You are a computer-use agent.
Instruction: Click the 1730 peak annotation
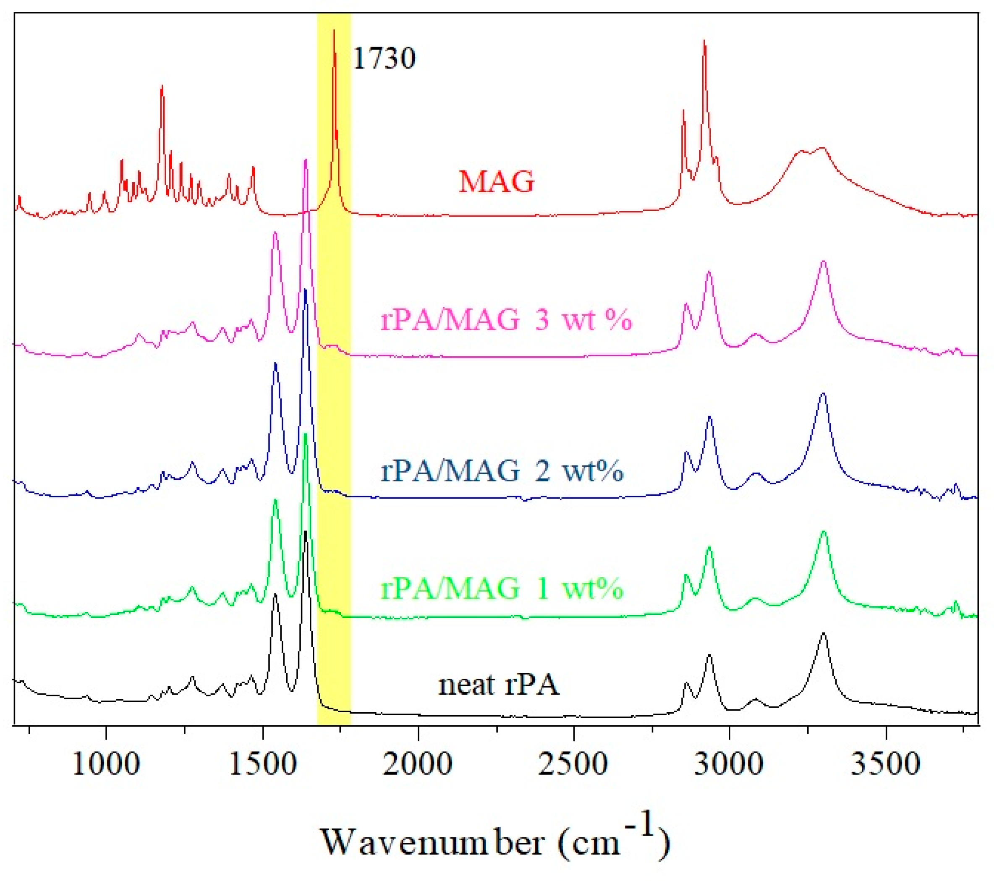click(x=384, y=59)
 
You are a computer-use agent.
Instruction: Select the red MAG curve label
click(x=497, y=181)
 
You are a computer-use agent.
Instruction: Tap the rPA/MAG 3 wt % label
click(x=506, y=319)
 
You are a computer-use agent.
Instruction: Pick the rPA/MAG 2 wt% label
click(x=501, y=470)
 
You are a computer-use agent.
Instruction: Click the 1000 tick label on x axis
click(x=106, y=763)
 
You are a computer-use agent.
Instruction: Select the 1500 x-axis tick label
click(x=263, y=763)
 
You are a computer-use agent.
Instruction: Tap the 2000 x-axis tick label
click(x=418, y=763)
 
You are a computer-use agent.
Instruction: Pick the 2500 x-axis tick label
click(x=573, y=763)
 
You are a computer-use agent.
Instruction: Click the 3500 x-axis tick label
click(x=885, y=763)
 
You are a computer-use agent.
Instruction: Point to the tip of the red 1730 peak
click(x=334, y=31)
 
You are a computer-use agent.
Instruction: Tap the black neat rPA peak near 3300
click(x=823, y=633)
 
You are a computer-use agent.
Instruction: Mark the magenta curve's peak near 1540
click(x=275, y=233)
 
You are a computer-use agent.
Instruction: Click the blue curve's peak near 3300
click(x=823, y=394)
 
